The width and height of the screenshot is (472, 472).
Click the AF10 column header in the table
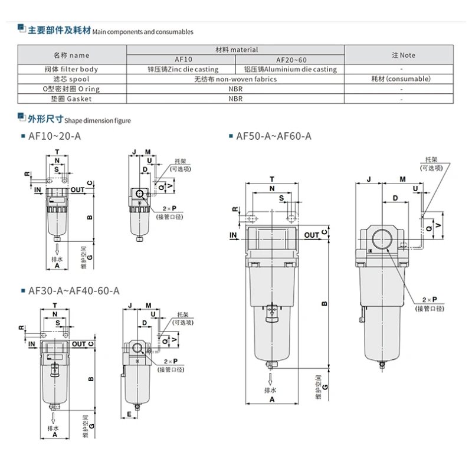pos(183,60)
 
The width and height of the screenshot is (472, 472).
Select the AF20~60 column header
pos(291,60)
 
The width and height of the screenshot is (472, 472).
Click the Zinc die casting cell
pos(183,69)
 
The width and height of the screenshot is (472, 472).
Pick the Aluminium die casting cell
pos(290,69)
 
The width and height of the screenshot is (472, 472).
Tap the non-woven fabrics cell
pos(235,79)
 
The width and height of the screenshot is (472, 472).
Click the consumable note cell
pos(401,79)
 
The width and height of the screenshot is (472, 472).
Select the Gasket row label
pos(71,99)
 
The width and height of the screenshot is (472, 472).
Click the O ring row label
pos(71,89)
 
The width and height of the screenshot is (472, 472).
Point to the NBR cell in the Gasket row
pos(235,99)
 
